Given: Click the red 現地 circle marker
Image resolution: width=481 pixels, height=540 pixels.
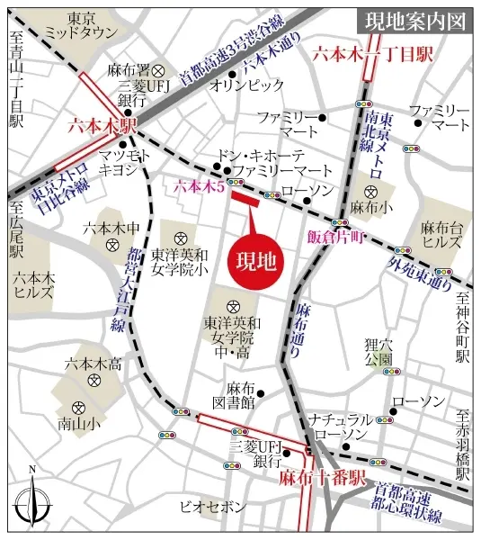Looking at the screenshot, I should [255, 261].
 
